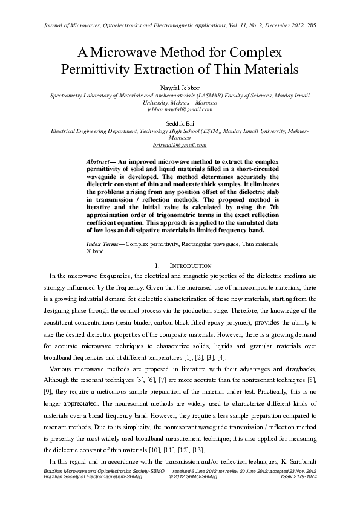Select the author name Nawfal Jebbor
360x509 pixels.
[180, 88]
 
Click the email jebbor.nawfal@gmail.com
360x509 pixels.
[180, 110]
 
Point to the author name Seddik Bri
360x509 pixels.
[180, 123]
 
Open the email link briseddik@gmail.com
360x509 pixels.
[180, 145]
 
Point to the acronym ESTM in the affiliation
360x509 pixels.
[212, 131]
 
